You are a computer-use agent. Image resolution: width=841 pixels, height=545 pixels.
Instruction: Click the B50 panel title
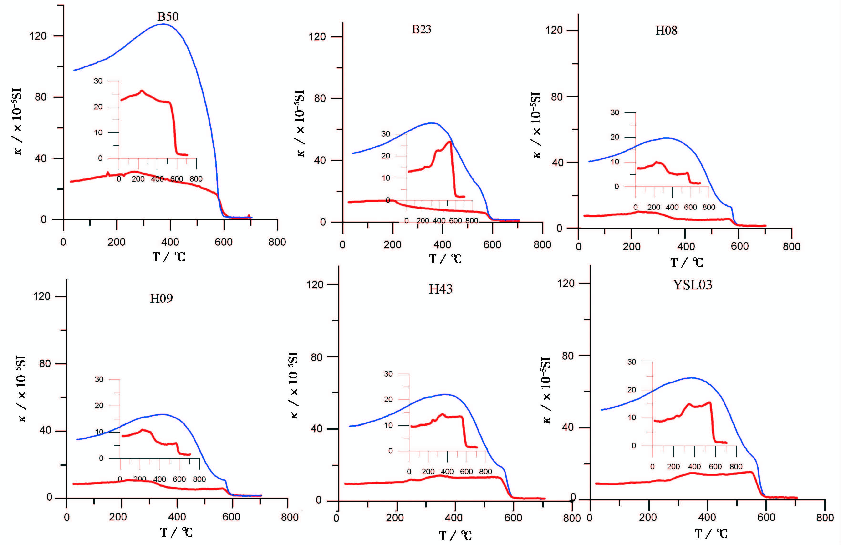(168, 17)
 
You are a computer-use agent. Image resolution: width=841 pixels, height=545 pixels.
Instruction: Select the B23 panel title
(422, 29)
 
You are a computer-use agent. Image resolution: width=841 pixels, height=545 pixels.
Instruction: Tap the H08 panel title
(667, 31)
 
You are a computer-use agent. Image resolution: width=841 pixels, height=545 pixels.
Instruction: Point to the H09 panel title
(162, 299)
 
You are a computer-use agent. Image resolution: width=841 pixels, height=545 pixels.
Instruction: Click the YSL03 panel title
(693, 285)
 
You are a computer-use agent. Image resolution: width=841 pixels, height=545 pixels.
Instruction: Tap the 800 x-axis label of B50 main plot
(277, 242)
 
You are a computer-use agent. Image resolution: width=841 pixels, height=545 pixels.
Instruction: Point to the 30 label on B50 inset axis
(98, 81)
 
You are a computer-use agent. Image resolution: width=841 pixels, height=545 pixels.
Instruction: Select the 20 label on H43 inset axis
(388, 400)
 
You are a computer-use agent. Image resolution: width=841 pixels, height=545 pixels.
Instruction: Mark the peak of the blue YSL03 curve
(691, 378)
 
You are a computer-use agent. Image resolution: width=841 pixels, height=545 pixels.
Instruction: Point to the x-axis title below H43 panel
(455, 536)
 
